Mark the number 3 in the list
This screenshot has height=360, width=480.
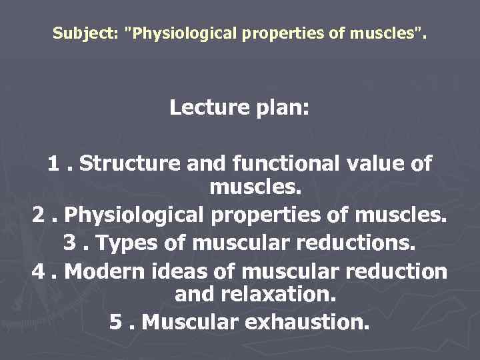tap(70, 243)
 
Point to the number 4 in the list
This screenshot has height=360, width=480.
tap(38, 271)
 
